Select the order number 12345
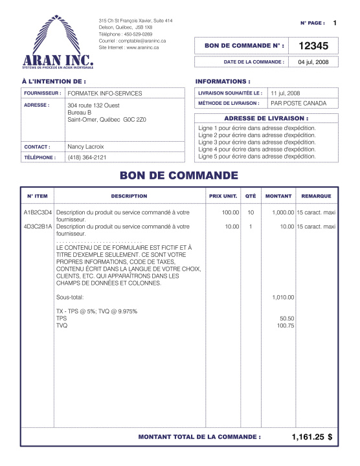pyautogui.click(x=313, y=46)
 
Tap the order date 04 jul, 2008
pyautogui.click(x=313, y=62)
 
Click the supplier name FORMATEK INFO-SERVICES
pyautogui.click(x=104, y=94)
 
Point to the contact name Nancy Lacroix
pyautogui.click(x=85, y=147)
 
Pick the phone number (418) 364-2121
pyautogui.click(x=87, y=157)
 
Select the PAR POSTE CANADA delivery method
pyautogui.click(x=298, y=103)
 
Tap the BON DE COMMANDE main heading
pyautogui.click(x=179, y=175)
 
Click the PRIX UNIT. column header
pyautogui.click(x=222, y=196)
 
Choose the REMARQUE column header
pyautogui.click(x=316, y=196)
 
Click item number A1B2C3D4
pyautogui.click(x=38, y=212)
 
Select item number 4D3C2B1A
pyautogui.click(x=38, y=227)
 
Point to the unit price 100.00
pyautogui.click(x=231, y=212)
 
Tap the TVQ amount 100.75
pyautogui.click(x=286, y=326)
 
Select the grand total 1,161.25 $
pyautogui.click(x=312, y=437)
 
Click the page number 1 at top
pyautogui.click(x=335, y=23)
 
